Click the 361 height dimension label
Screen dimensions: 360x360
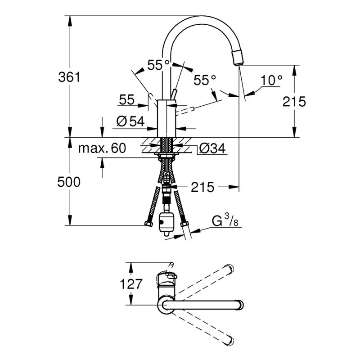click(x=69, y=77)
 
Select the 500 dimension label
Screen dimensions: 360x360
click(x=69, y=182)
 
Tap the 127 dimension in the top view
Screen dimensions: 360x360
click(x=131, y=284)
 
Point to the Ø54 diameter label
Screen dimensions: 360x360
click(x=130, y=121)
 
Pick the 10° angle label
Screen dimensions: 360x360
click(x=271, y=80)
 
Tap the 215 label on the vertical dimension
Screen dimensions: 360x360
click(x=294, y=101)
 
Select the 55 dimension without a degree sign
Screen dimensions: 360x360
click(x=127, y=100)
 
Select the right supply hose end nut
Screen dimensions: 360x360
click(x=183, y=224)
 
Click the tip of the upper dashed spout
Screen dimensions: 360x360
click(x=231, y=269)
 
